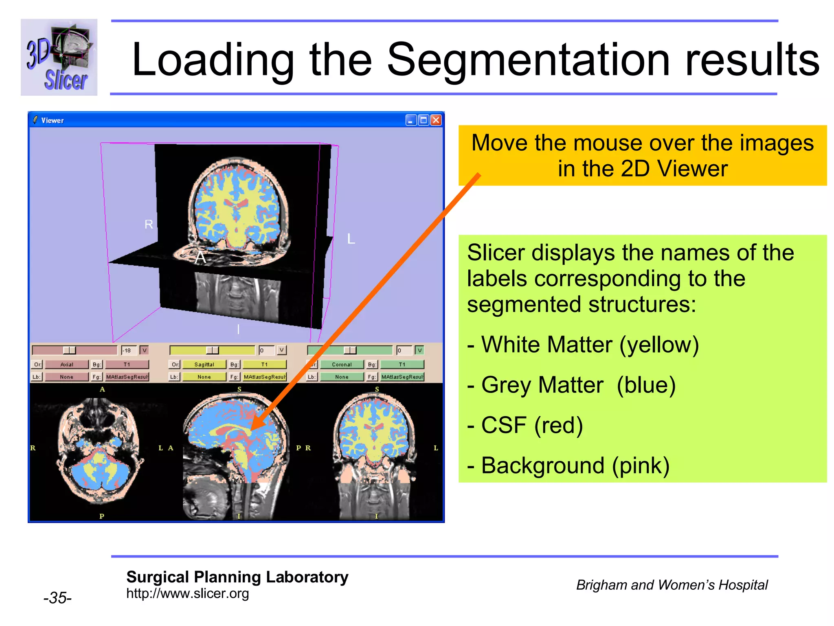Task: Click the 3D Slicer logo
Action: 59,57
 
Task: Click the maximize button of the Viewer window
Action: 424,120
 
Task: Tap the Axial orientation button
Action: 66,364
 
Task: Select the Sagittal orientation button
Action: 204,364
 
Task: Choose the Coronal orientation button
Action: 342,364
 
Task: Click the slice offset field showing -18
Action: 128,350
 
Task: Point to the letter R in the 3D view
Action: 149,224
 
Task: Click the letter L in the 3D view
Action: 351,239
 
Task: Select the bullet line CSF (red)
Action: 525,425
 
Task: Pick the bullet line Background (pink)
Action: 568,465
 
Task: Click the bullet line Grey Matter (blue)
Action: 572,385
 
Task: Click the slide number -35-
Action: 57,598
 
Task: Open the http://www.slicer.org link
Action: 187,593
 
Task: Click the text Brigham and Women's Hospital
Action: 672,585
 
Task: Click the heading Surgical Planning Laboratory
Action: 237,577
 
